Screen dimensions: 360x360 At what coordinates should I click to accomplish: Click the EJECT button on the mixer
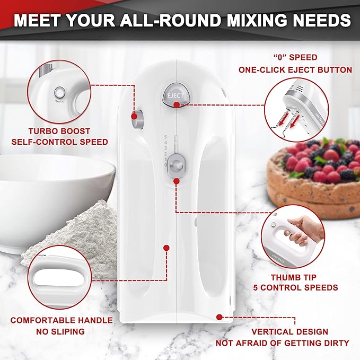click(x=173, y=95)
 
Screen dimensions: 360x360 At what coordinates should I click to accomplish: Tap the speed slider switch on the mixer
click(x=178, y=165)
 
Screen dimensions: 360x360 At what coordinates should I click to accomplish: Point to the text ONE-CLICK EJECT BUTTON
click(x=295, y=69)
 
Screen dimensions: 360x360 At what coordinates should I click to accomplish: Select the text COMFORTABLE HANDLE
click(x=62, y=320)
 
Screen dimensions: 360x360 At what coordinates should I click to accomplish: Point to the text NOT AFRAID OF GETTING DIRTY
click(x=282, y=343)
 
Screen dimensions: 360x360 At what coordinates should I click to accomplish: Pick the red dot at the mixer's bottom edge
click(x=218, y=317)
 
